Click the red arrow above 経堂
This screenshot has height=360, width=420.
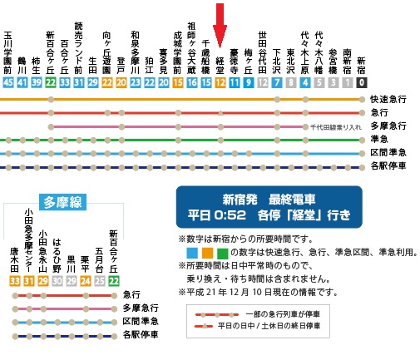click(220, 18)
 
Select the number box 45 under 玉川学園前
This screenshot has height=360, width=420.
click(8, 82)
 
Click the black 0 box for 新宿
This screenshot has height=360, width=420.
click(361, 82)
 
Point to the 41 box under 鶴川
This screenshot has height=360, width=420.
click(22, 82)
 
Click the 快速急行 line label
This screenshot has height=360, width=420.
click(390, 99)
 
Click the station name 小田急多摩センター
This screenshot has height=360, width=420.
click(28, 239)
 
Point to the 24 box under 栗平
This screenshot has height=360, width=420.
click(85, 281)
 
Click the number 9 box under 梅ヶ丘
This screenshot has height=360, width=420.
click(249, 82)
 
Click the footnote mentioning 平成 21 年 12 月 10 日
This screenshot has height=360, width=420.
click(259, 293)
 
